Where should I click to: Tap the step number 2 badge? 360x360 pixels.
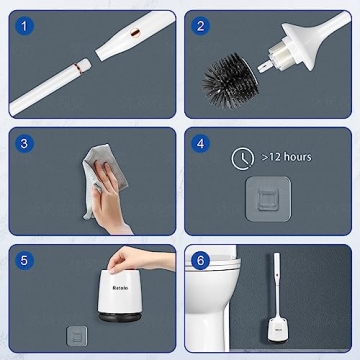(203, 26)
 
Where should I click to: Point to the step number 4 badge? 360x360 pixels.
(203, 143)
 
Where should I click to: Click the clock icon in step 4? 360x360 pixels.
(243, 156)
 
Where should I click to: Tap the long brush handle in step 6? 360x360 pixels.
(274, 280)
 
